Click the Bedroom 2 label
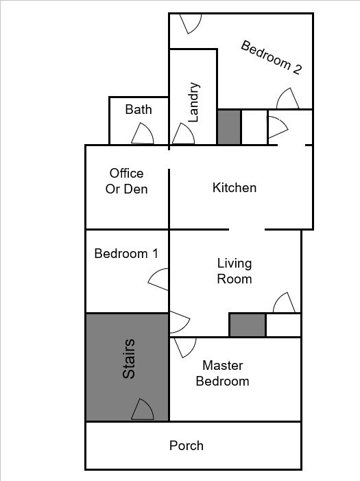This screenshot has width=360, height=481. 272,58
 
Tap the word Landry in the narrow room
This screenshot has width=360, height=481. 193,102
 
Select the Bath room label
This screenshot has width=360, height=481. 139,110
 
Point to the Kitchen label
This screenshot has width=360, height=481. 235,187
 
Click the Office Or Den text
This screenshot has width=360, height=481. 126,181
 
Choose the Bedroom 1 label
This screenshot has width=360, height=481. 126,253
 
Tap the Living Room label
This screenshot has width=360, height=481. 235,271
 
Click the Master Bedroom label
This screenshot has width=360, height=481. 222,373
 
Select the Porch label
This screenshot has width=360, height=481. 187,446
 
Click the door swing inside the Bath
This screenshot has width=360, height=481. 142,134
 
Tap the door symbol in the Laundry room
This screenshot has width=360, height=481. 183,134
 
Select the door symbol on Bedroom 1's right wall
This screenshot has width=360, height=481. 159,279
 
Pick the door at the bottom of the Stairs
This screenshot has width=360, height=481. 143,410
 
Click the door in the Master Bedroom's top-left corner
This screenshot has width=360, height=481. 184,347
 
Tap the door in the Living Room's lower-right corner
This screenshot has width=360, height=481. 285,303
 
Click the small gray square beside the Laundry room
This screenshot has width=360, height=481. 229,127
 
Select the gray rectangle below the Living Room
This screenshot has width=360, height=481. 247,325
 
